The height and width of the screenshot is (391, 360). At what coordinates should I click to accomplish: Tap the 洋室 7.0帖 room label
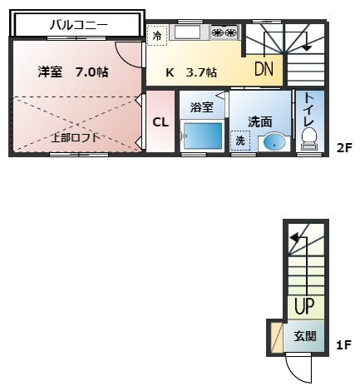[73, 72]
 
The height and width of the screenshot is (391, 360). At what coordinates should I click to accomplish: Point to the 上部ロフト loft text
[76, 136]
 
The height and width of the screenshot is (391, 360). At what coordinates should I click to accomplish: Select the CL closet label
[160, 122]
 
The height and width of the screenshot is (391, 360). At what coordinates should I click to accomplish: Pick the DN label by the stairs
[264, 69]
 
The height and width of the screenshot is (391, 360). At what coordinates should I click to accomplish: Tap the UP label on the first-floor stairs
[303, 307]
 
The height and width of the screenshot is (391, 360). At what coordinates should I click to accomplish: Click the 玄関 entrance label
[304, 337]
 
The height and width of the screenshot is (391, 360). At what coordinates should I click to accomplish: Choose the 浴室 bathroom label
[202, 107]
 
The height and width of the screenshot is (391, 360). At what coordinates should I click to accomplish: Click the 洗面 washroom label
[260, 121]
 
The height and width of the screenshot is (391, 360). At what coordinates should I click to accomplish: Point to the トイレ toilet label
[308, 108]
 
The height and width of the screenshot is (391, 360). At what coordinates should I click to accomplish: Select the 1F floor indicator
[343, 344]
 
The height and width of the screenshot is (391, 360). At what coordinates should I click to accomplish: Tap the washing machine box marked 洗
[240, 141]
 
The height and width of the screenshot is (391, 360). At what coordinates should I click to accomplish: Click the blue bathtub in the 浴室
[203, 136]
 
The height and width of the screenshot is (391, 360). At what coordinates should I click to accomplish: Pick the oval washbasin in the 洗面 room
[274, 142]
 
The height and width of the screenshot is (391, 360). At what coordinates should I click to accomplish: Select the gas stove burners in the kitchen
[224, 33]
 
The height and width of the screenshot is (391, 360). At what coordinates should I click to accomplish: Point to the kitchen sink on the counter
[187, 32]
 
